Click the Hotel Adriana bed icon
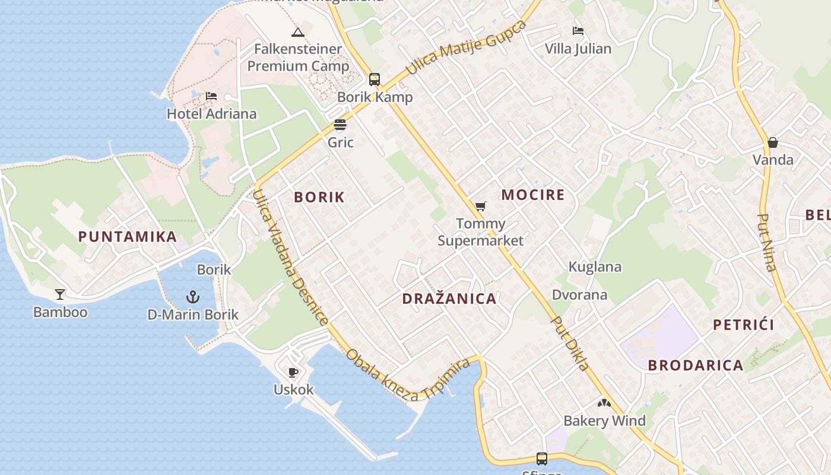coord(211,96)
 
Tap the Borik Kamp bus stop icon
coord(375,79)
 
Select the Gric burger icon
coord(340,125)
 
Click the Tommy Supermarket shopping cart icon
coord(480,207)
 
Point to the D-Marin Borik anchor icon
coord(193,297)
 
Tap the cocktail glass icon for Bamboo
coord(60,294)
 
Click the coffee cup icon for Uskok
coord(293,372)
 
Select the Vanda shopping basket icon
coord(773,142)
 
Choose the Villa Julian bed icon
coord(578,31)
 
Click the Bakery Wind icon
coord(604,404)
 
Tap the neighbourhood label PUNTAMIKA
coord(128,236)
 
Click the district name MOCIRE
coord(533,195)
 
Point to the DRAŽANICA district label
coord(449,299)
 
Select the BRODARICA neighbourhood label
coord(696,365)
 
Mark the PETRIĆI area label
coord(744,325)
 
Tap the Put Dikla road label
coord(571,343)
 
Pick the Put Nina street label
coord(767,242)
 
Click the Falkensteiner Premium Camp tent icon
coord(298,32)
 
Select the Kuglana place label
coord(595,267)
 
